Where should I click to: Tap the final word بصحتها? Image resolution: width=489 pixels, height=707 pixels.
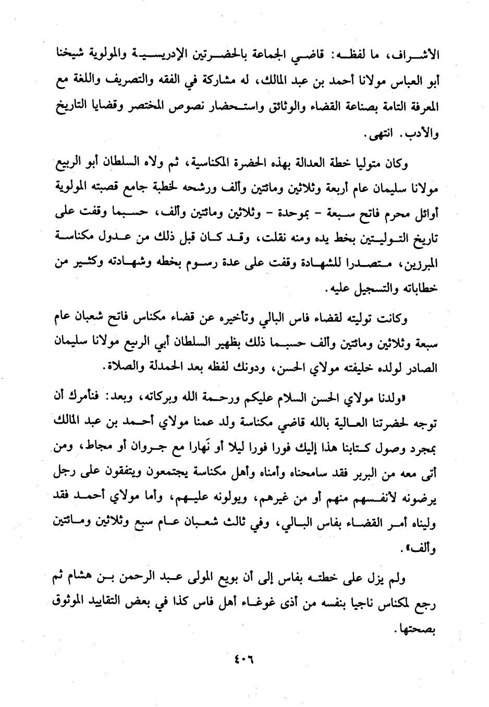pyautogui.click(x=418, y=630)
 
